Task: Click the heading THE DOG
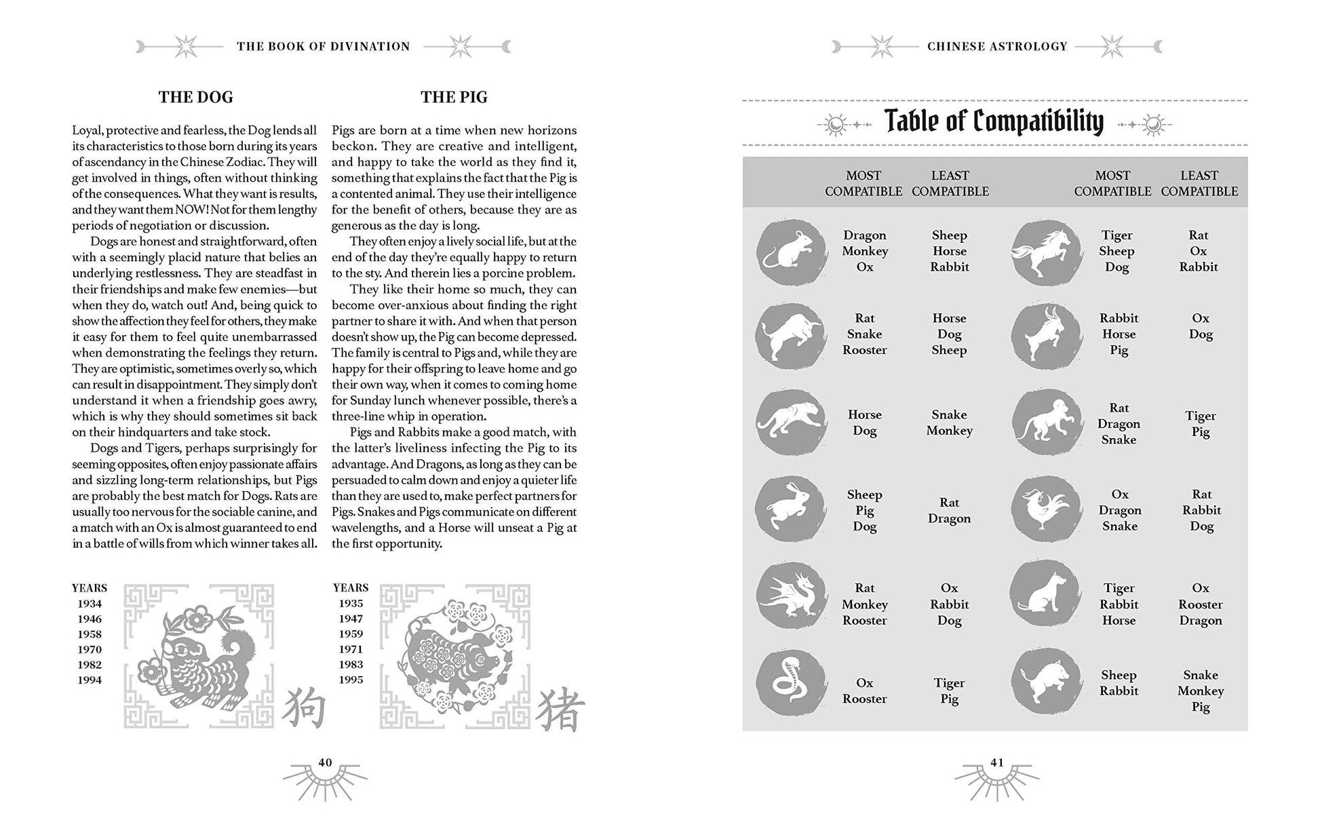195,97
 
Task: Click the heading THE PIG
454,97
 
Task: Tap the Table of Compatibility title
994,122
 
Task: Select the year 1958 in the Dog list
90,634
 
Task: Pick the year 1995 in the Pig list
351,680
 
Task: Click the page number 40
325,762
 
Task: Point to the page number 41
996,762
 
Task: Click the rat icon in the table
791,252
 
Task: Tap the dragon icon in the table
791,595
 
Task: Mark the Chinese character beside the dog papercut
303,708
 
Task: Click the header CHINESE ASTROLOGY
997,47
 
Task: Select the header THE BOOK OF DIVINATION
324,47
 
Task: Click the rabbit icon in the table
791,509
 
